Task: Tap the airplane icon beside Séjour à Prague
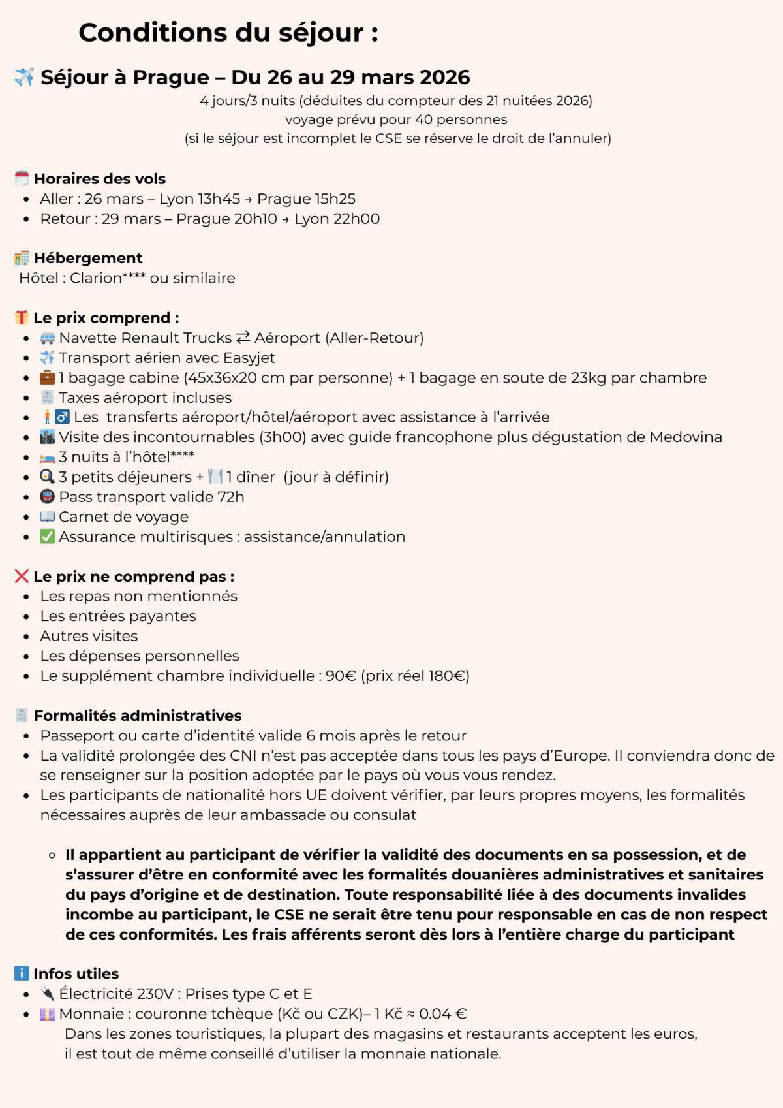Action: coord(24,77)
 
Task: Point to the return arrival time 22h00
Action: coord(356,219)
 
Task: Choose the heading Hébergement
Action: coord(88,258)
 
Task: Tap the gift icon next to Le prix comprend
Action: coord(22,318)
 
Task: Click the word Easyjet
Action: coord(249,358)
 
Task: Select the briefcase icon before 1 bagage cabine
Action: coord(47,377)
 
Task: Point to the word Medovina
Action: coord(685,437)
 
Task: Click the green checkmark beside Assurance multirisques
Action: coord(47,537)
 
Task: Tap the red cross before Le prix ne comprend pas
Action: coord(22,577)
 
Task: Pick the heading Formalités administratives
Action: coord(138,716)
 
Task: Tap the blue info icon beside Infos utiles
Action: coord(22,973)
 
